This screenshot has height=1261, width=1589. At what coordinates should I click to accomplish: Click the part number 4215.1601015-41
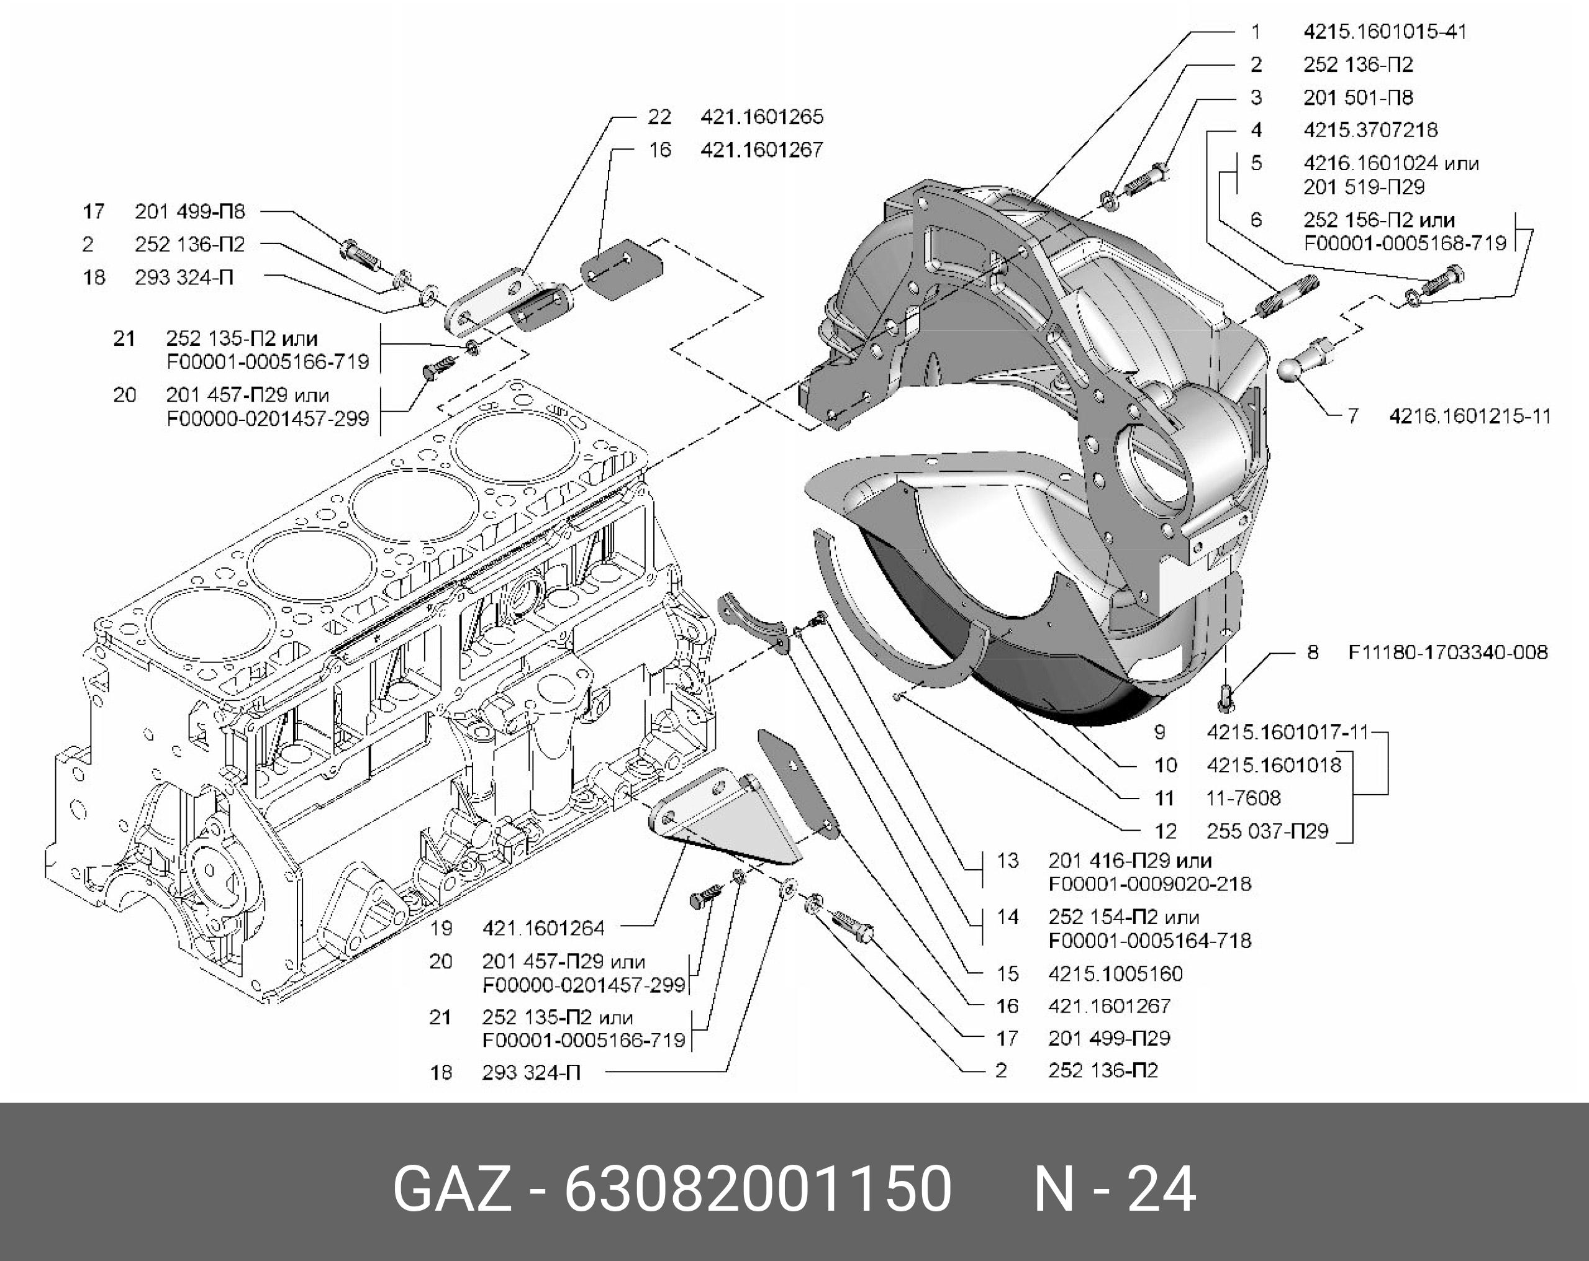coord(1385,32)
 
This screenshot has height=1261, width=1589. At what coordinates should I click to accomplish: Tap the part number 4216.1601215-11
coord(1470,417)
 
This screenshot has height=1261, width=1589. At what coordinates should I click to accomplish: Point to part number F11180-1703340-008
coord(1448,653)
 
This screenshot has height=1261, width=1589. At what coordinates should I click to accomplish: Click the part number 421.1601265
coord(762,117)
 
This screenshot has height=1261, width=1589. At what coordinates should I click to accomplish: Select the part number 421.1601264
coord(543,928)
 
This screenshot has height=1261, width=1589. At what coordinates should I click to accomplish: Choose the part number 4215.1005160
coord(1116,974)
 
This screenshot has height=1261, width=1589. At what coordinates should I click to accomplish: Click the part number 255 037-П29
coord(1267,831)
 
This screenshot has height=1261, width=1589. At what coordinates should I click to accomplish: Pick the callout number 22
coord(659,117)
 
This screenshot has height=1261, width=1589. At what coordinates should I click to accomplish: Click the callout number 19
coord(441,928)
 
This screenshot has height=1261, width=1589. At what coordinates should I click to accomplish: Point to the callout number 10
coord(1166,765)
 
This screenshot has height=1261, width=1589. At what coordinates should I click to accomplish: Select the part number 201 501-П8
coord(1358,97)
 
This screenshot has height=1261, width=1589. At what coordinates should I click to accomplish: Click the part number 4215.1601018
coord(1274,765)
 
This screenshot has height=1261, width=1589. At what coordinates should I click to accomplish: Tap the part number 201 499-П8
coord(190,212)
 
